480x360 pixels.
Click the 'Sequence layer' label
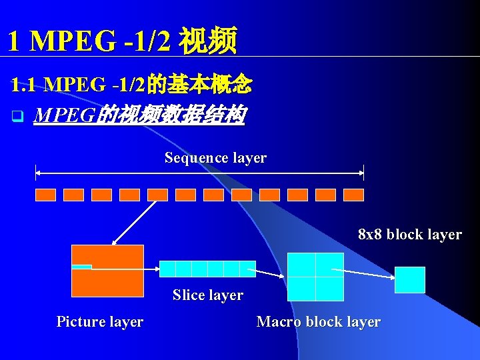tap(215, 158)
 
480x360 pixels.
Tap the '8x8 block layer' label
tap(409, 235)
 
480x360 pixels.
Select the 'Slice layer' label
tap(207, 295)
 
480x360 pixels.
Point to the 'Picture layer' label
tap(100, 322)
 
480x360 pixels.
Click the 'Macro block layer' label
tap(318, 322)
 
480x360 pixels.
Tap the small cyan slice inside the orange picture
tap(81, 267)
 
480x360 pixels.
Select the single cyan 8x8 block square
tap(409, 280)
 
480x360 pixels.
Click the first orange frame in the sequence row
tap(45, 195)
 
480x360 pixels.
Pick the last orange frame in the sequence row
tap(353, 195)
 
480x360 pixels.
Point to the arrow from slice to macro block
tap(271, 271)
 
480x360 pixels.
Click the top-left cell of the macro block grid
tap(301, 265)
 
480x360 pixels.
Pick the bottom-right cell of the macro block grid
tap(329, 289)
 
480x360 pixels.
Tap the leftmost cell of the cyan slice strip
tap(167, 269)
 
